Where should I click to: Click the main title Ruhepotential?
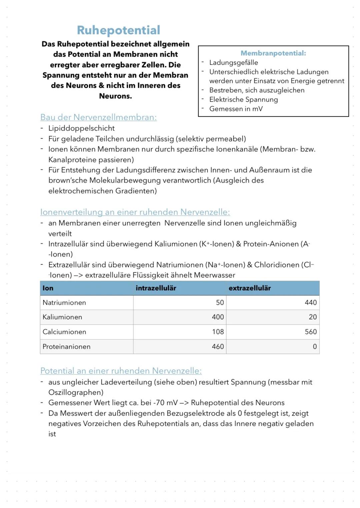click(118, 30)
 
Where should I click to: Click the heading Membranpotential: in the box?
click(273, 53)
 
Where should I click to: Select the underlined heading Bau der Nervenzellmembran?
click(98, 117)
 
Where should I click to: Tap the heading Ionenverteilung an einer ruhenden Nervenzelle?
click(135, 212)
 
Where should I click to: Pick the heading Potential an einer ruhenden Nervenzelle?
click(121, 371)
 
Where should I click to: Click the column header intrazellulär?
click(156, 288)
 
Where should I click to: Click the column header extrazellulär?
click(250, 288)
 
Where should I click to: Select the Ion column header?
click(48, 288)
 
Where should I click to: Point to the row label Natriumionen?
click(64, 302)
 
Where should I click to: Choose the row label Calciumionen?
click(64, 332)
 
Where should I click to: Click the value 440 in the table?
click(311, 302)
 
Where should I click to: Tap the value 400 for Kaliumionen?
click(218, 317)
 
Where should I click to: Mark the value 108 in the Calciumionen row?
click(218, 332)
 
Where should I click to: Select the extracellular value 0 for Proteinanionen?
click(315, 346)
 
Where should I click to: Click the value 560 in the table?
click(311, 332)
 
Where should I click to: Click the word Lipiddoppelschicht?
click(81, 128)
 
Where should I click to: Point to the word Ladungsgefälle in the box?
click(233, 63)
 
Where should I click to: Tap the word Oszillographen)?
click(76, 392)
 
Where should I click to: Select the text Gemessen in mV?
click(236, 109)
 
